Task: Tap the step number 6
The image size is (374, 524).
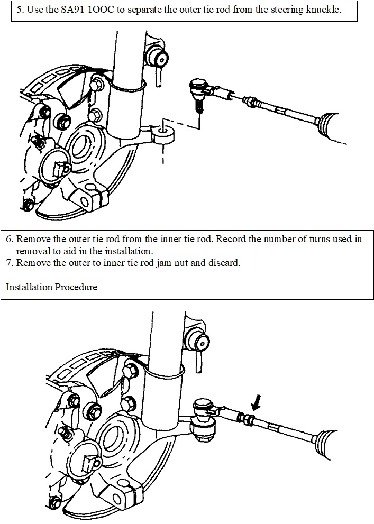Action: (8, 238)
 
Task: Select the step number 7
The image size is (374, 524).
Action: (8, 263)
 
